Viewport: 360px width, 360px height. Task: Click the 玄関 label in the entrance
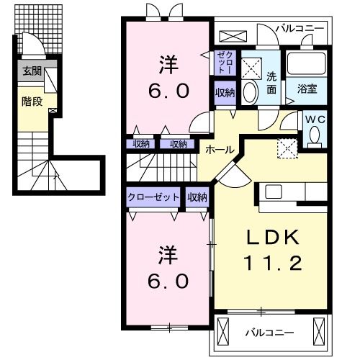coord(31,71)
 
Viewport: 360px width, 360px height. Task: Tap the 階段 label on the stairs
coord(32,102)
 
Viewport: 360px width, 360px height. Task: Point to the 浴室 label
coord(310,89)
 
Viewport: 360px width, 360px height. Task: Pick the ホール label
coord(219,149)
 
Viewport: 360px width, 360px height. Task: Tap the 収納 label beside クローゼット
coord(197,197)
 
